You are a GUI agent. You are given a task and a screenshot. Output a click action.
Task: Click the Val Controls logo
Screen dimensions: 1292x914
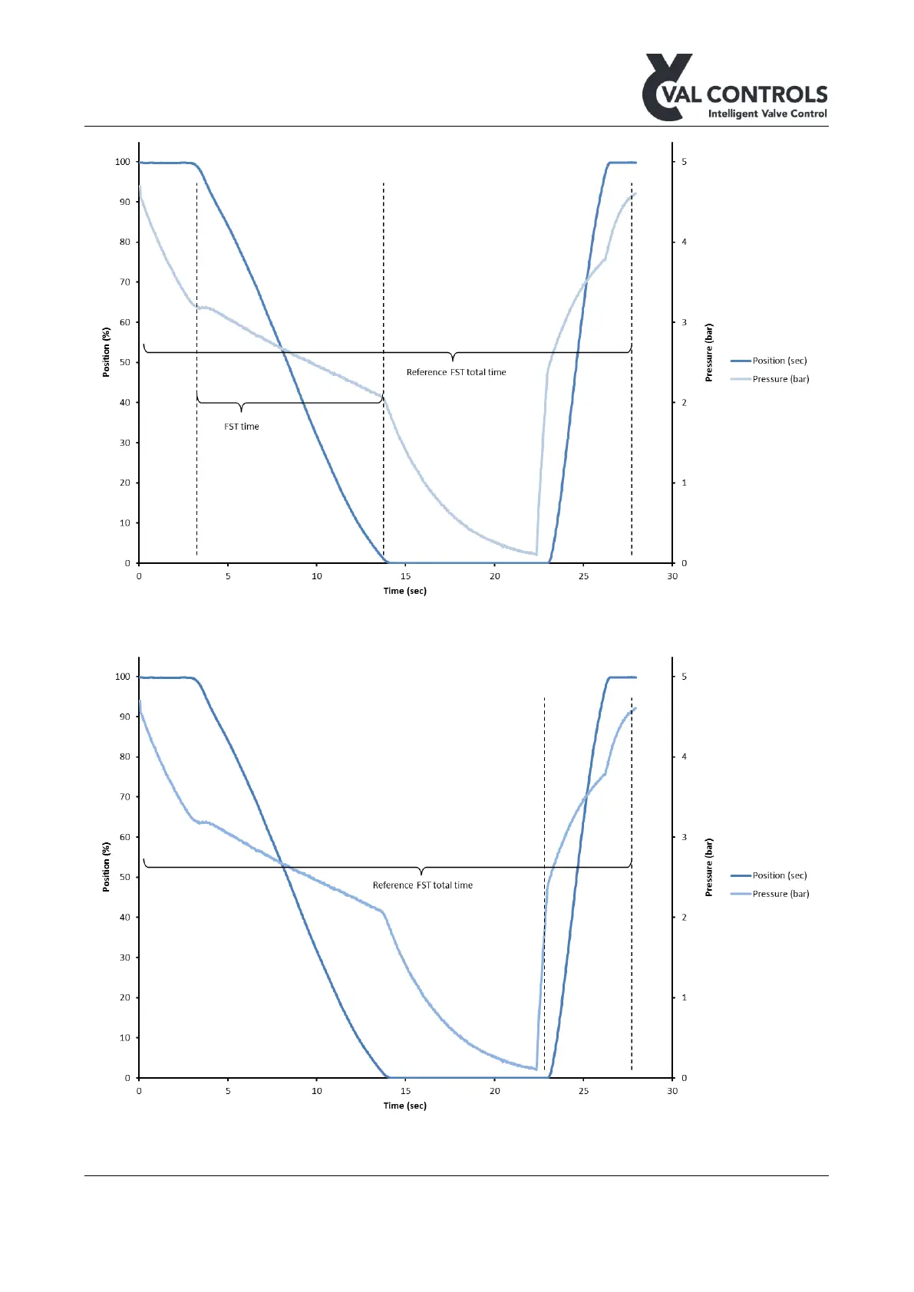click(x=734, y=87)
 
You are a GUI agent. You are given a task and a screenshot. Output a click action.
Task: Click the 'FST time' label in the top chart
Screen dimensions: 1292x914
click(x=242, y=427)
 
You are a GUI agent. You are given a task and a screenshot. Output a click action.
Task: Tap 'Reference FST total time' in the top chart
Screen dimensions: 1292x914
click(x=456, y=372)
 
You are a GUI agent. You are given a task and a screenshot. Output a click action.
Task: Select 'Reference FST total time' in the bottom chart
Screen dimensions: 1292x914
click(x=422, y=885)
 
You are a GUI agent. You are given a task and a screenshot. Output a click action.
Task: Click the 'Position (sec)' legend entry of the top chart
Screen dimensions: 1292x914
click(x=779, y=361)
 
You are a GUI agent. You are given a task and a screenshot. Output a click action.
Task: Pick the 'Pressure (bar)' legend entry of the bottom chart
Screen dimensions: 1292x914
click(x=780, y=894)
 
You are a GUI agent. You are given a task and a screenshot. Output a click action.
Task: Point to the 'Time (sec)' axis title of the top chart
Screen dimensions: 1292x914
click(x=404, y=591)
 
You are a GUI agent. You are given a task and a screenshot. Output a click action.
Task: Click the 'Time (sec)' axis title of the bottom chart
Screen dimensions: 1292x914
click(x=404, y=1106)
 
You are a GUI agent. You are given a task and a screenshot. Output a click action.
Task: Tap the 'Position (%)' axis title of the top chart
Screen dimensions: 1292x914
click(x=107, y=352)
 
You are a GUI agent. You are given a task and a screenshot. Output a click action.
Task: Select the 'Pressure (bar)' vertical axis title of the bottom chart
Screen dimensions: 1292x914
click(x=709, y=867)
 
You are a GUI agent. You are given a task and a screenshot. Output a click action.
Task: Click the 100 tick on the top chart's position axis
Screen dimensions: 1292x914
click(x=123, y=162)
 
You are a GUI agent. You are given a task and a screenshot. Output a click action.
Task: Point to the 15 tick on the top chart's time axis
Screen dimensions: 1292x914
click(x=405, y=576)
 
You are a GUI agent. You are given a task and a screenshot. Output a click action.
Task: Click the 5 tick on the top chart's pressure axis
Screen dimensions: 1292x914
click(x=685, y=162)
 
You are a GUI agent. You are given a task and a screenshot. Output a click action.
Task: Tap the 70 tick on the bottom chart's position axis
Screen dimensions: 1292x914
click(x=124, y=797)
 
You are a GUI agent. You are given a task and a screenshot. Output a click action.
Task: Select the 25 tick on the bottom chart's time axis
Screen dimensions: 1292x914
click(x=583, y=1091)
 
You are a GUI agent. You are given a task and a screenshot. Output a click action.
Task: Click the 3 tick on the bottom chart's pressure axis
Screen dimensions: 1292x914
click(x=685, y=837)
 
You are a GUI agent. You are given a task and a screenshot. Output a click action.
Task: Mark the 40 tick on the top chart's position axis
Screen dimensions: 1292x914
click(x=124, y=403)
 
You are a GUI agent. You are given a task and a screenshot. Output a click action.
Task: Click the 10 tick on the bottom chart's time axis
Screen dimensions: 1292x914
click(x=316, y=1091)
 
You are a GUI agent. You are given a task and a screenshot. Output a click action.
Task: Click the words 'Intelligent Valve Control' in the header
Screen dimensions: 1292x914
click(x=767, y=114)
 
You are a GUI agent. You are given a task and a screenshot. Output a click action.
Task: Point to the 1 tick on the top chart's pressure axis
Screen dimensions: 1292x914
click(x=685, y=483)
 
